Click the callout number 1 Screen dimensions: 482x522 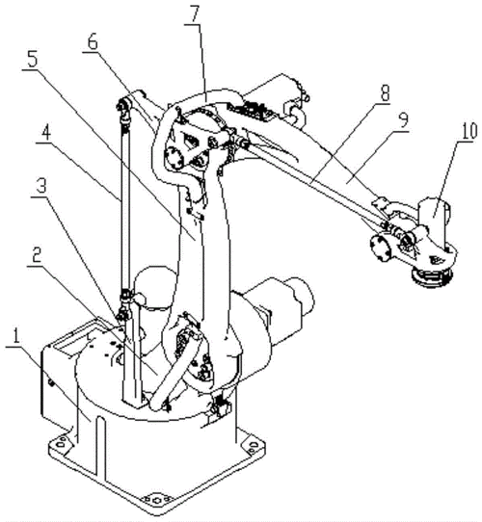(x=15, y=336)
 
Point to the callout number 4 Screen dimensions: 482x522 (x=46, y=134)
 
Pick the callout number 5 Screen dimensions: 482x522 (x=32, y=61)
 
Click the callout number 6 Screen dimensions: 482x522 (x=93, y=42)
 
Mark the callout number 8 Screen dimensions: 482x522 (x=385, y=93)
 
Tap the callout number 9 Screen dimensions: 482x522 (x=403, y=120)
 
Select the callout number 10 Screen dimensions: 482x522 (x=468, y=133)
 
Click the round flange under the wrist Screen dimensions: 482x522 (x=432, y=275)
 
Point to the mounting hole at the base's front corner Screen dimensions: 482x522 (x=156, y=500)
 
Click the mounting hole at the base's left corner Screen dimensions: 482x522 (x=61, y=444)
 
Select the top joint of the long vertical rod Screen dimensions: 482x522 (x=123, y=110)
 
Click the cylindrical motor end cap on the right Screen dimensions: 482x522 (x=301, y=295)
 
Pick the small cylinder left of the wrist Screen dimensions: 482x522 (x=381, y=247)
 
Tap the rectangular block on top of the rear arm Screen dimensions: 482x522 (x=252, y=110)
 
